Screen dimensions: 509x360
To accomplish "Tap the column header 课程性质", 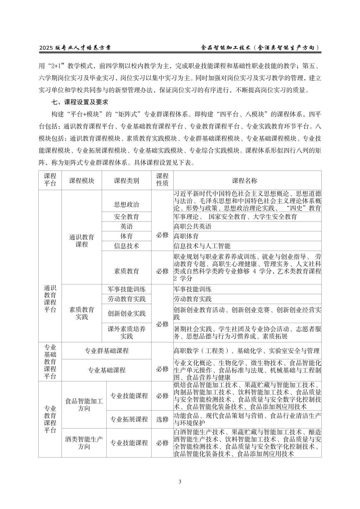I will coord(162,180).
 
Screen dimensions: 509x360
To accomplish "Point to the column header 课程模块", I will coord(82,181).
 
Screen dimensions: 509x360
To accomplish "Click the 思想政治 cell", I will coord(127,204).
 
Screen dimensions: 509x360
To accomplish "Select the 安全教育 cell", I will coord(127,217).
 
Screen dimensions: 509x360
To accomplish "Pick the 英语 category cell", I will coord(127,226).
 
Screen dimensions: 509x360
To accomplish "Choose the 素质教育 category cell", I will coord(127,271).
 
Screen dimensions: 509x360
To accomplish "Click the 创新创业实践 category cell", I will coord(127,313).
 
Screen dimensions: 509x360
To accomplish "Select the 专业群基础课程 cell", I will coord(107,350).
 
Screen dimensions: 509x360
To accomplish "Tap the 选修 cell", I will coord(162,419).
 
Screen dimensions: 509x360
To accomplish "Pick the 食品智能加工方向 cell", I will coord(84,405).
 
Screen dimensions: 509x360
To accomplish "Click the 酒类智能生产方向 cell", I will coord(84,443).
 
